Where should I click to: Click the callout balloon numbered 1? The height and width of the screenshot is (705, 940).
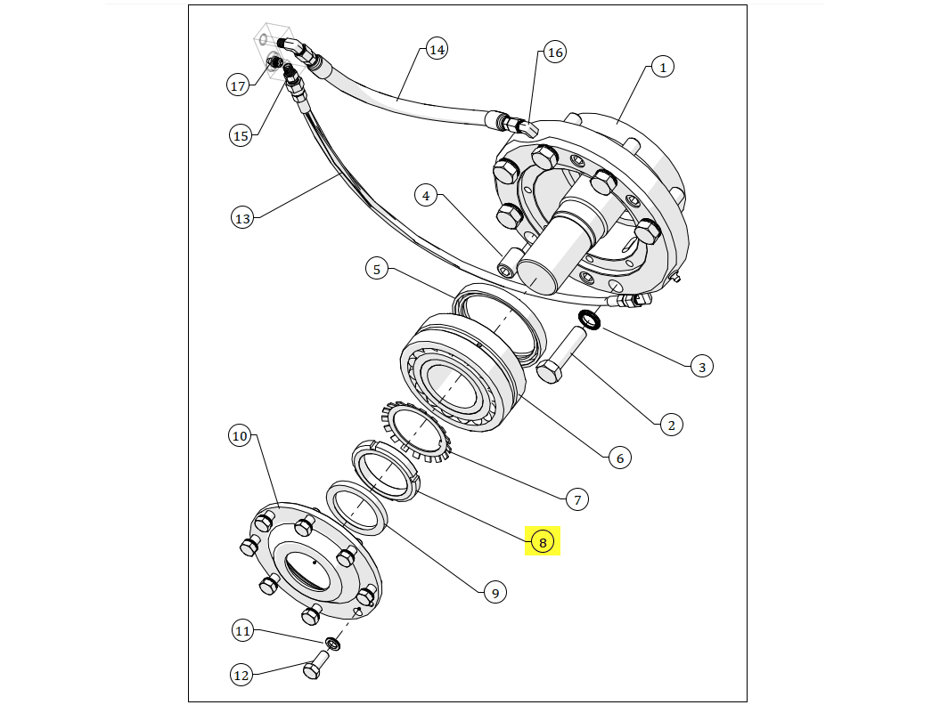(662, 67)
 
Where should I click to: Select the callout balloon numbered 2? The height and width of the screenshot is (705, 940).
(671, 425)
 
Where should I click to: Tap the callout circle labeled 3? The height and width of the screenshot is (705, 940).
(701, 366)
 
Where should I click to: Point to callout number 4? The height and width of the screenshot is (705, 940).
(426, 196)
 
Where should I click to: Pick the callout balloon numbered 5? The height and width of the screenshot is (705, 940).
(377, 268)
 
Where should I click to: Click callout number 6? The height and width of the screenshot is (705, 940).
(620, 458)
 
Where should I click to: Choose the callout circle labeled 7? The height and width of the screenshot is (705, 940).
(576, 500)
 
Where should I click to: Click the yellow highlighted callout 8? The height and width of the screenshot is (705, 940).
(543, 540)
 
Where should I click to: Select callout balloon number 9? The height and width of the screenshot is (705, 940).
(495, 592)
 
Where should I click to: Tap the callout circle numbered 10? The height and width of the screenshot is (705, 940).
(240, 436)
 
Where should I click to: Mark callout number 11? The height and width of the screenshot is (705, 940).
(243, 631)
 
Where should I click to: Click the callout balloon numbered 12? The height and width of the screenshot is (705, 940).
(241, 676)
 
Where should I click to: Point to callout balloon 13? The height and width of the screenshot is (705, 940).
(242, 217)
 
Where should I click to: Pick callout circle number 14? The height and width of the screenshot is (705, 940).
(436, 49)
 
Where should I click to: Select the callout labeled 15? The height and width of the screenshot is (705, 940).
(241, 136)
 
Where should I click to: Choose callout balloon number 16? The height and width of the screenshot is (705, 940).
(555, 53)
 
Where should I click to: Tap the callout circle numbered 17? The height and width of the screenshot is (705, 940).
(238, 85)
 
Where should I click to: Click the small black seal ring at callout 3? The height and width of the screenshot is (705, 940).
(590, 319)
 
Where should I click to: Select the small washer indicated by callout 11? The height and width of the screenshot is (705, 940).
(333, 643)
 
